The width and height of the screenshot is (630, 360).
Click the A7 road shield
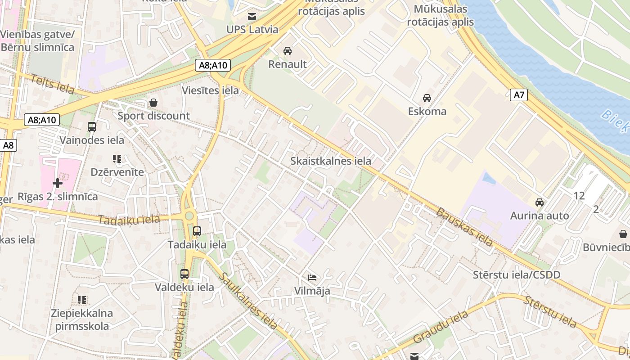pyautogui.click(x=519, y=95)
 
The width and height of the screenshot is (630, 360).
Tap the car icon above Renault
pyautogui.click(x=287, y=51)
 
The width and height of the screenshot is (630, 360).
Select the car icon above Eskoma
pyautogui.click(x=427, y=98)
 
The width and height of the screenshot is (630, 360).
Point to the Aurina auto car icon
pyautogui.click(x=539, y=202)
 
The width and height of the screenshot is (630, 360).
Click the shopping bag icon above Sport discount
pyautogui.click(x=153, y=103)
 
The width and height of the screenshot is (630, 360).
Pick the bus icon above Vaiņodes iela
pyautogui.click(x=92, y=127)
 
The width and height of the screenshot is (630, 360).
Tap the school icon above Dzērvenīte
pyautogui.click(x=117, y=159)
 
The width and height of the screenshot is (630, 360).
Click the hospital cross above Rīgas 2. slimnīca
pyautogui.click(x=57, y=183)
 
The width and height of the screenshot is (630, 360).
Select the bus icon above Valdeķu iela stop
pyautogui.click(x=184, y=274)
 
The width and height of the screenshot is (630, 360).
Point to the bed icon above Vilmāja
pyautogui.click(x=312, y=277)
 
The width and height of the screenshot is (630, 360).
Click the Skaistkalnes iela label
pyautogui.click(x=331, y=161)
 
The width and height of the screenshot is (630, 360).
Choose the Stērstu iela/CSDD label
pyautogui.click(x=517, y=274)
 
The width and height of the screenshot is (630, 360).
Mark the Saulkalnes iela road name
pyautogui.click(x=249, y=300)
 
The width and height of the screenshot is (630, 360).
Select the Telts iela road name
pyautogui.click(x=52, y=85)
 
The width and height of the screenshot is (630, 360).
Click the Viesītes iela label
pyautogui.click(x=210, y=90)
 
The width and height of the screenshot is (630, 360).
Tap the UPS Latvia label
pyautogui.click(x=252, y=30)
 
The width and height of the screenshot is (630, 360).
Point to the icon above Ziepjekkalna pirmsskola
pyautogui.click(x=82, y=300)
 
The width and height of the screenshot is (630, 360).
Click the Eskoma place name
pyautogui.click(x=427, y=111)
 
